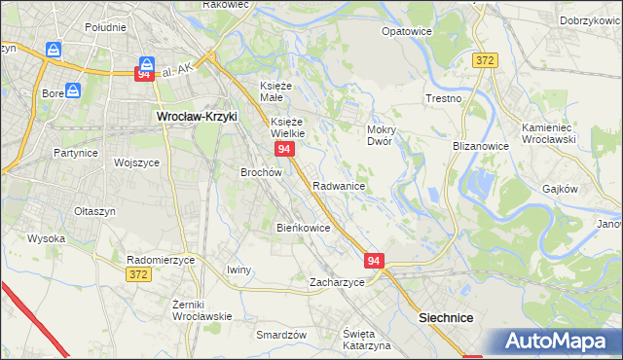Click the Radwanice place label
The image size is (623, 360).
click(x=339, y=186)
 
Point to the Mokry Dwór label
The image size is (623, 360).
click(x=379, y=134)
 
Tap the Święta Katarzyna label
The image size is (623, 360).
click(x=367, y=340)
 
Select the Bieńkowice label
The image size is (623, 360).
click(x=304, y=228)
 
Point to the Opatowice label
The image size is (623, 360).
click(x=407, y=31)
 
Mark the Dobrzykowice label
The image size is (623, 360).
click(x=591, y=19)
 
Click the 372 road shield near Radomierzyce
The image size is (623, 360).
click(x=137, y=276)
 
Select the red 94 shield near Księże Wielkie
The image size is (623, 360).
click(x=284, y=149)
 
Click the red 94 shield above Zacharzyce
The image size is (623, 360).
click(x=376, y=261)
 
